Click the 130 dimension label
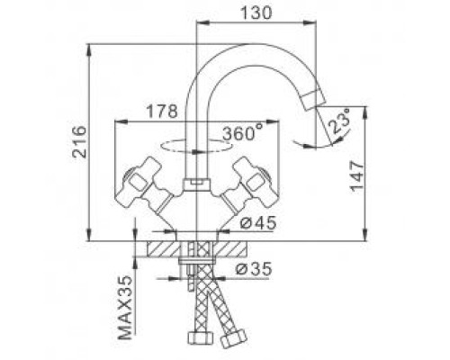256,13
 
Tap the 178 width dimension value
162,112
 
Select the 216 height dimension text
79,141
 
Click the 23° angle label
339,122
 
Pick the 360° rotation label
243,132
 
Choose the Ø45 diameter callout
258,223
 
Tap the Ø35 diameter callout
254,268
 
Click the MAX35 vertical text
125,308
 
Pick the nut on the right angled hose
234,337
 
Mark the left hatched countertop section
163,249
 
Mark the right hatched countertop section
229,249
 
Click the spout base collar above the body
196,184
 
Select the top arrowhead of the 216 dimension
89,49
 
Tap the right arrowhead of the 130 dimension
310,22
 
